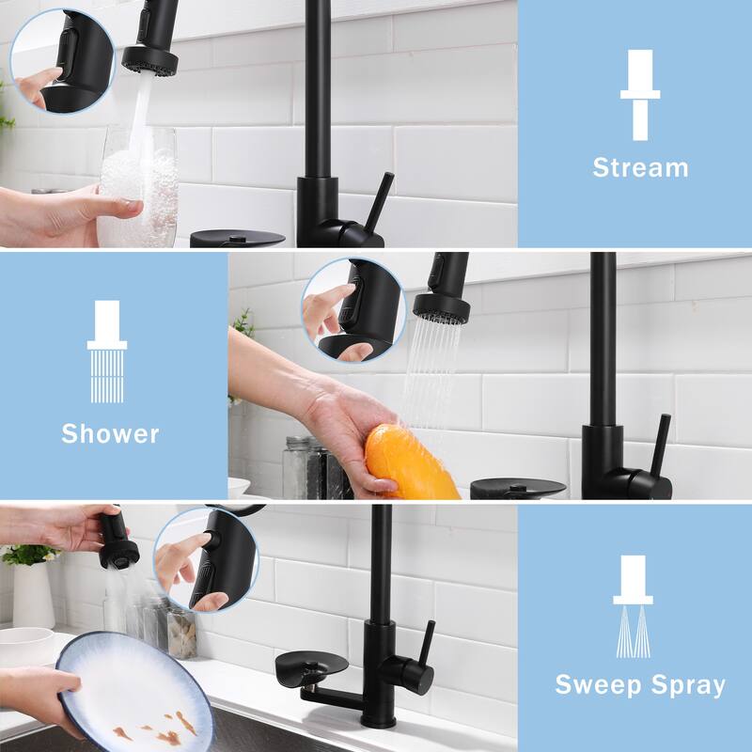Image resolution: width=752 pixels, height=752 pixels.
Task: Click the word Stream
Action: point(640,168)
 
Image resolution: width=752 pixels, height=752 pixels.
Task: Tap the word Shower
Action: point(110,433)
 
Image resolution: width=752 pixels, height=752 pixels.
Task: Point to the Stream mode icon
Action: point(640,94)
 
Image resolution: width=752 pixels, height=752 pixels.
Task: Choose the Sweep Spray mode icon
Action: point(633,605)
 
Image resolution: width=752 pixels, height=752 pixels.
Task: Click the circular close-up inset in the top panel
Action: point(62,61)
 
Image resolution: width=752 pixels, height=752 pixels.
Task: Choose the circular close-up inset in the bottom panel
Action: point(205,560)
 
